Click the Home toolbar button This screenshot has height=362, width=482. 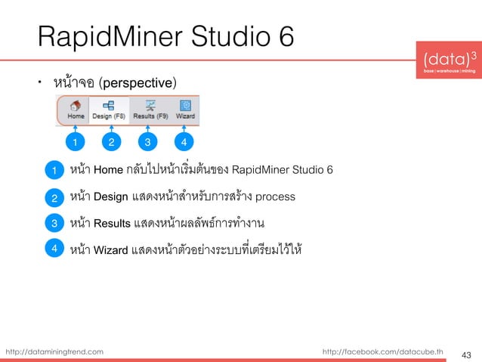76,110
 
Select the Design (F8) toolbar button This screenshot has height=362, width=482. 109,110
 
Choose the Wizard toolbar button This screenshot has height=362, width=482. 185,110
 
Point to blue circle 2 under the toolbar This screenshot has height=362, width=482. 111,141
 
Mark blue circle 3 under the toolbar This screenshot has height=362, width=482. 148,141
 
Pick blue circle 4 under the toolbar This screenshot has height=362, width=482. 185,141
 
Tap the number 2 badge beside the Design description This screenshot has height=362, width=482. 54,198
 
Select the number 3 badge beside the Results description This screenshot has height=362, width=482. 54,224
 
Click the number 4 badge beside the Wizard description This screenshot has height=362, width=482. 54,248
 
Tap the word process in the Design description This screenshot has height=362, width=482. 276,197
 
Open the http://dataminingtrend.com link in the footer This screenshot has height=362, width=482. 54,351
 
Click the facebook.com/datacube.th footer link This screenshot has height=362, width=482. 383,351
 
